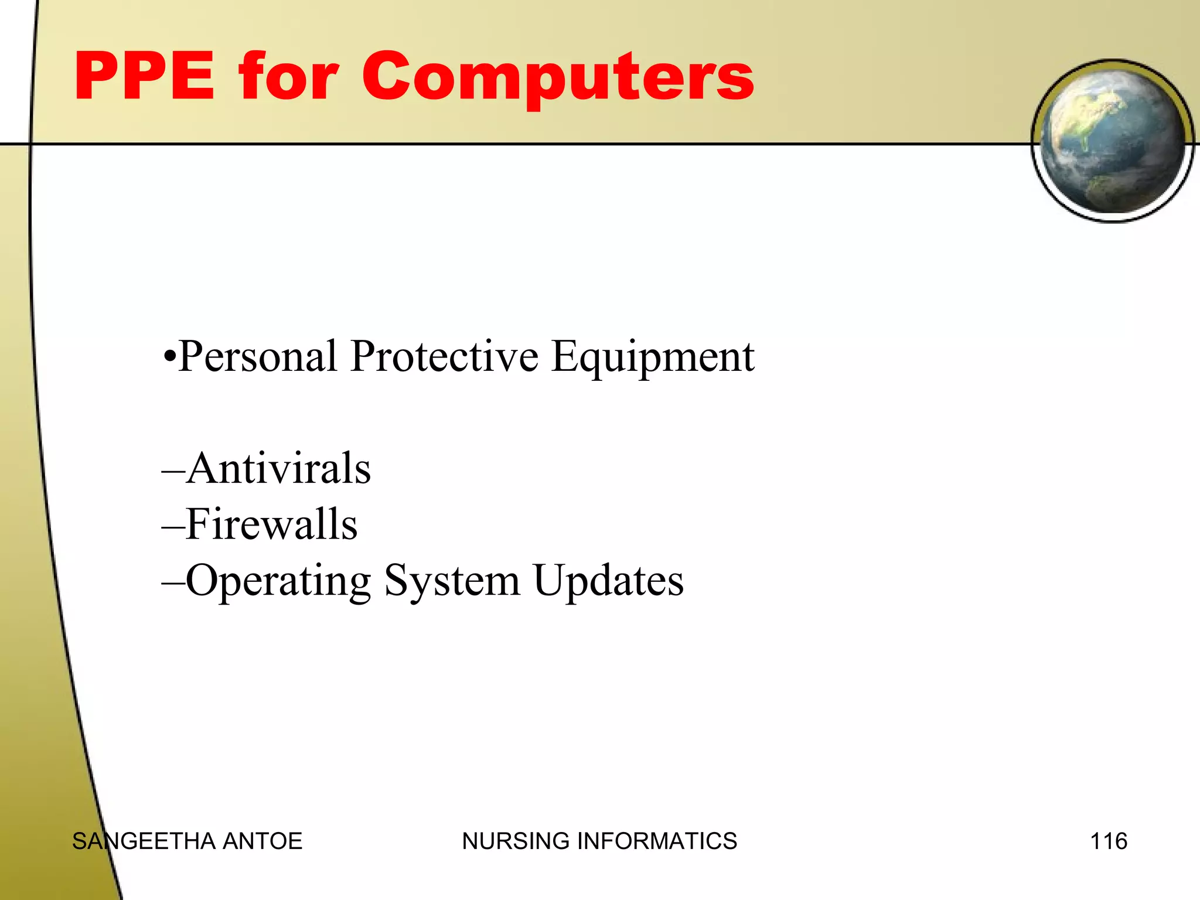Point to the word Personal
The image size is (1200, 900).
[x=257, y=356]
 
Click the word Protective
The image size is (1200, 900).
[x=444, y=356]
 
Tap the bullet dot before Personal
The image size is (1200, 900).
[x=169, y=357]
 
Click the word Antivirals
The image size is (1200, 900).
[x=279, y=468]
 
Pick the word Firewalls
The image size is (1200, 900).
[x=271, y=524]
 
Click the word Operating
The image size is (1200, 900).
[x=278, y=581]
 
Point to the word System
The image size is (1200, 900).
[x=452, y=581]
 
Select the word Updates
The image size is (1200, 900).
[x=608, y=581]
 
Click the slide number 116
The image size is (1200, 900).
[x=1108, y=841]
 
